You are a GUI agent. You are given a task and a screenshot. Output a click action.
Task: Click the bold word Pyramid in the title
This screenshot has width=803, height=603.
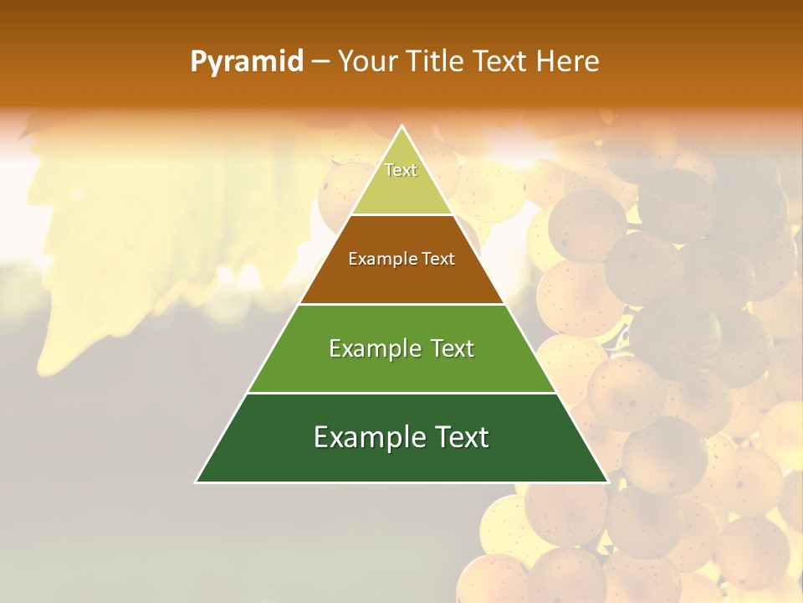coord(247,62)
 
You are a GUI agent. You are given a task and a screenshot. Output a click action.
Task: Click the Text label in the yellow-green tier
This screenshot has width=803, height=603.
coord(401,170)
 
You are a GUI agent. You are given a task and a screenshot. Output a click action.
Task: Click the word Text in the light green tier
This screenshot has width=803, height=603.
coord(453,348)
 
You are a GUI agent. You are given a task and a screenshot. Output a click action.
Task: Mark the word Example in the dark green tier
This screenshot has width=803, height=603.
coord(368,437)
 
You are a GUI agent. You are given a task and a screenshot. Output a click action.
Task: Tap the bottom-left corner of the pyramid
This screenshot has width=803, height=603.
coord(197,482)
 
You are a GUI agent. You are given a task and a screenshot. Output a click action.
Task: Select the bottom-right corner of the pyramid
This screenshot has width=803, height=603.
coord(607,482)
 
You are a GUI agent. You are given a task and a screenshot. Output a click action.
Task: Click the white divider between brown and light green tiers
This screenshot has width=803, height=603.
coord(401,304)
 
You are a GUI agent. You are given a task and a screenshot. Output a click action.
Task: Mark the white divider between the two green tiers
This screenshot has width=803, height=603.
coord(401,393)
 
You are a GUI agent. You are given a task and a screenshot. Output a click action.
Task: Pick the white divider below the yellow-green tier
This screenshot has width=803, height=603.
coord(401,215)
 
